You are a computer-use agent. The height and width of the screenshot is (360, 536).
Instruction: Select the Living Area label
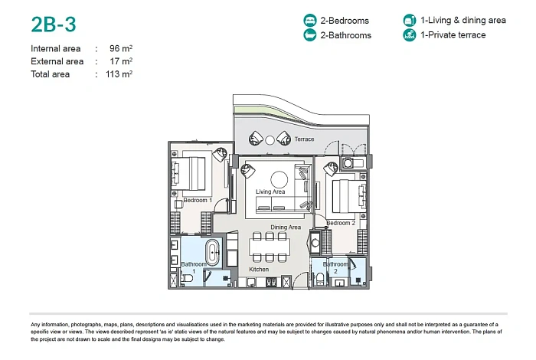[x=270, y=191]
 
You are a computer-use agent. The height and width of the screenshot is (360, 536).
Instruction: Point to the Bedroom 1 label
[x=198, y=200]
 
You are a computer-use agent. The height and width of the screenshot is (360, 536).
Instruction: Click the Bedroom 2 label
[x=341, y=223]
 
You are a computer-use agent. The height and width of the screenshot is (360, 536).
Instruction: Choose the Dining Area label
[x=286, y=227]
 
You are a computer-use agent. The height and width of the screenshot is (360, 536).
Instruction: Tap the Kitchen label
[x=259, y=270]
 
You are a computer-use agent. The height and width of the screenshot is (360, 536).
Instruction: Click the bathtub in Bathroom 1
[x=212, y=252]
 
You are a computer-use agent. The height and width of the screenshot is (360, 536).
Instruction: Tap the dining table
[x=269, y=247]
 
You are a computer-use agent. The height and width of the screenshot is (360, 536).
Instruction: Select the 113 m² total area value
[x=120, y=74]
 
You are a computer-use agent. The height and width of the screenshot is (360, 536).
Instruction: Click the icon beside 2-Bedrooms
[x=310, y=21]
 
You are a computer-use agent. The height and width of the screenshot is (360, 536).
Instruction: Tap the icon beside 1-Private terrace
[x=409, y=35]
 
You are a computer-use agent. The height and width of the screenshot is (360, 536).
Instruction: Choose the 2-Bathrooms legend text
[x=346, y=35]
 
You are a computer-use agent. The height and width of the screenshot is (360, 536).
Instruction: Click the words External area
[x=57, y=61]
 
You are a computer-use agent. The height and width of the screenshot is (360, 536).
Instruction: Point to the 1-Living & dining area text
[x=462, y=21]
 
